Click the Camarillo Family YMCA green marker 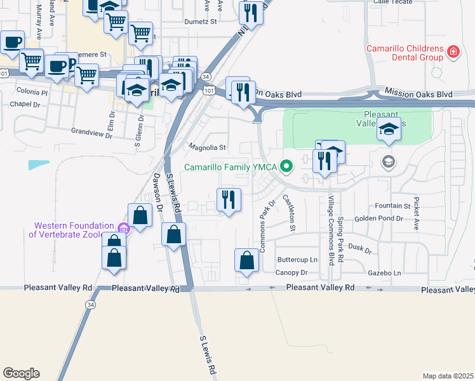(x=286, y=168)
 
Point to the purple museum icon (x=124, y=229)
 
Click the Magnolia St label (x=208, y=147)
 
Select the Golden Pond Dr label (x=378, y=218)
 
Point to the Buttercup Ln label (x=297, y=260)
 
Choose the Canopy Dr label (x=291, y=272)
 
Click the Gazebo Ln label (x=385, y=272)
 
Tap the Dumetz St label (x=201, y=21)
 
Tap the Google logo (x=21, y=373)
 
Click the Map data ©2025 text (x=448, y=376)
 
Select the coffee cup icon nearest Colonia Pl (x=57, y=65)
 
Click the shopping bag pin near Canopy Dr (x=246, y=260)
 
